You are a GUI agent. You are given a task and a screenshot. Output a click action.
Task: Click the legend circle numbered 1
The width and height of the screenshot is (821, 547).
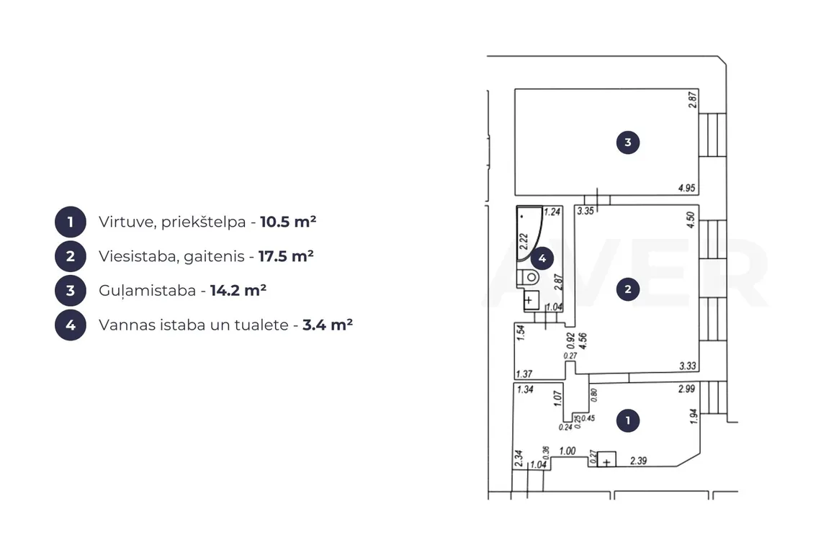tap(70, 222)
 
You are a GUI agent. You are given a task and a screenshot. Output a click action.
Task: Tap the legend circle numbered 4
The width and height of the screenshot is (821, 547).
tap(70, 325)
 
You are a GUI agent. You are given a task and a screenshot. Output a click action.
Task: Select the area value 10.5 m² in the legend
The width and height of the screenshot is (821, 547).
tap(288, 222)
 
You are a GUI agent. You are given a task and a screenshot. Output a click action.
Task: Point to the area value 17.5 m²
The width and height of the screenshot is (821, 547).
tap(286, 256)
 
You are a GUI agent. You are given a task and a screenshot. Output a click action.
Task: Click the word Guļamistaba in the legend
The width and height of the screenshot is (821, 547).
tap(147, 291)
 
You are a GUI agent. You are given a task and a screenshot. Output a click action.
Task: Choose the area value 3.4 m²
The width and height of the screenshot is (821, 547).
tap(328, 325)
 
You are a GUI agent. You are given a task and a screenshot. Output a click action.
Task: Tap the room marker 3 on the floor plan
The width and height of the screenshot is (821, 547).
tap(628, 142)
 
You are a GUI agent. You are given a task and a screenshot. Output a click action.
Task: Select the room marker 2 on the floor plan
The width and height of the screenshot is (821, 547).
tap(628, 289)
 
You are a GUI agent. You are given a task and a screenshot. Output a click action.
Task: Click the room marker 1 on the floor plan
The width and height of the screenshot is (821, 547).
tap(628, 420)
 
